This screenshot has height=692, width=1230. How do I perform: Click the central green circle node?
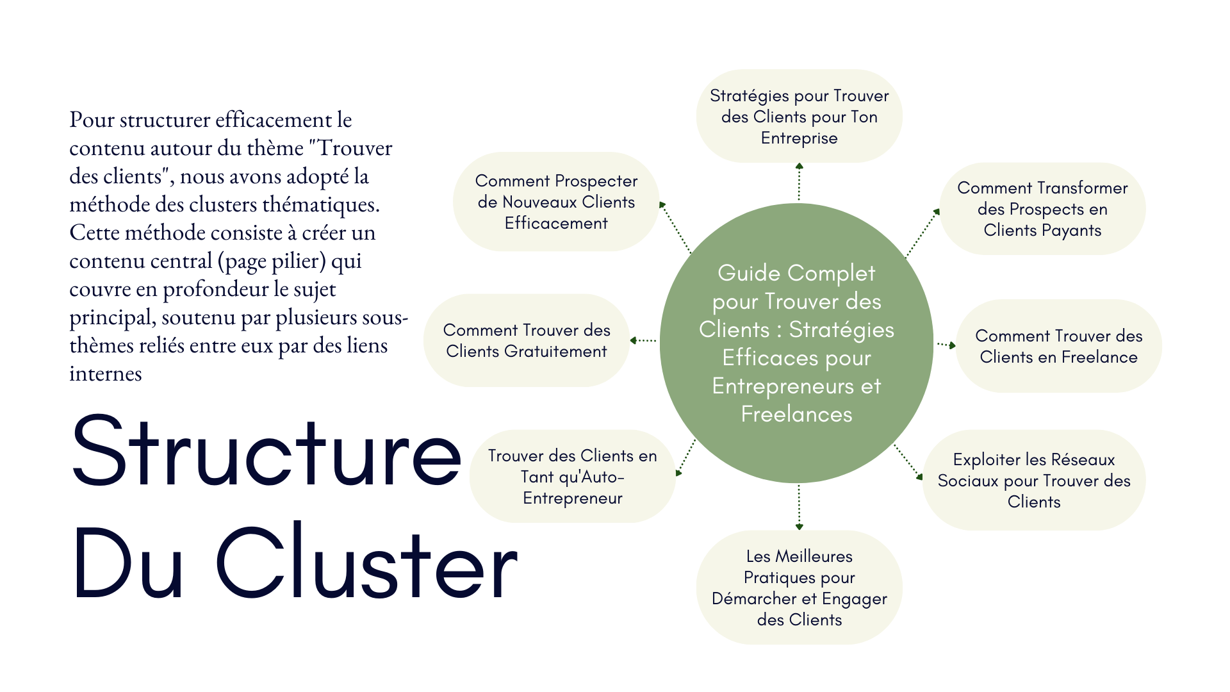tap(796, 449)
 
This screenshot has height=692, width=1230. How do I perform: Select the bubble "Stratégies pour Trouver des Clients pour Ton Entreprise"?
tap(799, 117)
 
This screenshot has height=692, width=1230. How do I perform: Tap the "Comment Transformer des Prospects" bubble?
tap(1042, 209)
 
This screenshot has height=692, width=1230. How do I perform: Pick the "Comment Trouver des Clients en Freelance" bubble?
tap(1058, 346)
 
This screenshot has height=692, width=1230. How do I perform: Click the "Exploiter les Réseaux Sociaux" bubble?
tap(1033, 480)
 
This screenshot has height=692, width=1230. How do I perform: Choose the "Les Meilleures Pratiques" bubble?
tap(799, 587)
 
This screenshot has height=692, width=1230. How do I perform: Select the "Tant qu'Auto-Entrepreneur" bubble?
tap(572, 477)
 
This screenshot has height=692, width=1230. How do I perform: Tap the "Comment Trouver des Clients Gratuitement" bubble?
tap(526, 340)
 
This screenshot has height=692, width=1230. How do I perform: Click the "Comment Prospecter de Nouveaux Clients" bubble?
tap(555, 202)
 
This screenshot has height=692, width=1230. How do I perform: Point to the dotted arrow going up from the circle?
tap(799, 182)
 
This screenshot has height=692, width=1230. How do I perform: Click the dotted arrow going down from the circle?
tap(799, 506)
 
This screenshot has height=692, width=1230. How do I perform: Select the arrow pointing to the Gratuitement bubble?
tap(643, 340)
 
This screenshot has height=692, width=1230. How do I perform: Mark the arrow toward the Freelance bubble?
tap(946, 345)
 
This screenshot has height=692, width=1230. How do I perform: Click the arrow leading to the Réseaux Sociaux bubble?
tap(908, 461)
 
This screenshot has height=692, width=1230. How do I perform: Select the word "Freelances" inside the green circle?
tap(796, 415)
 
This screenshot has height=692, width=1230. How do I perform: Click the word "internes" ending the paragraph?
tap(106, 374)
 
